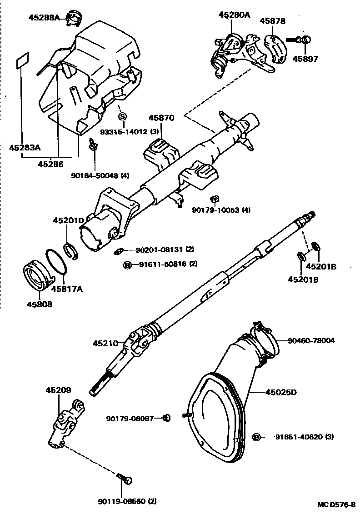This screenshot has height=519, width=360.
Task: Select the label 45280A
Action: [234, 15]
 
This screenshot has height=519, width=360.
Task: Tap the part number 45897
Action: [305, 59]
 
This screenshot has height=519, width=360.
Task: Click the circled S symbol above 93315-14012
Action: [122, 117]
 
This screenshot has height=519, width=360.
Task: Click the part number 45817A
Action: [67, 288]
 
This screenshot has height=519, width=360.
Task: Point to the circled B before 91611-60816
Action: [128, 264]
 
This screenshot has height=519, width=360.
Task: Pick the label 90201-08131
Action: [158, 250]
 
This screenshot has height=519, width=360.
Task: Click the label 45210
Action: [105, 344]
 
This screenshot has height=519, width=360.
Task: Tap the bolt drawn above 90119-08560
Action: [125, 478]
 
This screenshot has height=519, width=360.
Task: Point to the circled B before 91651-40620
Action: [256, 437]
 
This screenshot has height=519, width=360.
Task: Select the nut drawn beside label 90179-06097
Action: [166, 418]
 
